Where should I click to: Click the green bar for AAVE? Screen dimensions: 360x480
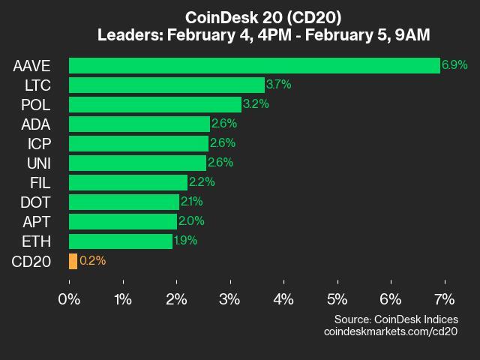pos(254,65)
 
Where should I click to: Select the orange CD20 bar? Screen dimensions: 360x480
pos(73,261)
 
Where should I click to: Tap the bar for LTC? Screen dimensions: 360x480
pos(166,85)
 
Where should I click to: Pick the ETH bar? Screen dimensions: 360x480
pos(121,241)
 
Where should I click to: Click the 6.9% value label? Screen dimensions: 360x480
pos(454,65)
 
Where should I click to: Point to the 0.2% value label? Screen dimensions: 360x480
pos(92,261)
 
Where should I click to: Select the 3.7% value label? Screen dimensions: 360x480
pos(278,85)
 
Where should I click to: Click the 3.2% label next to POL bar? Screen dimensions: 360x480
pos(256,104)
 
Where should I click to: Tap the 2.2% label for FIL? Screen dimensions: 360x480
pos(202,182)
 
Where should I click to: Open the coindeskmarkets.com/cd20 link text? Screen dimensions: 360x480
pos(391,331)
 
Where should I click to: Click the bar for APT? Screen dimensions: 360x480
pos(123,221)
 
